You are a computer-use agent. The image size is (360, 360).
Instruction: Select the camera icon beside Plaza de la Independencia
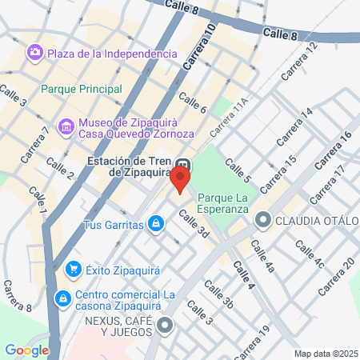coord(34,53)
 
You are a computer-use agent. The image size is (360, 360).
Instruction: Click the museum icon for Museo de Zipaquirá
coord(66,126)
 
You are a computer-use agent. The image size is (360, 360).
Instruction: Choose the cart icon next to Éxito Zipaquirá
coord(74,270)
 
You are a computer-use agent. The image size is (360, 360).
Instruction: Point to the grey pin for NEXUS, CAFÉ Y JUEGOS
coord(165,325)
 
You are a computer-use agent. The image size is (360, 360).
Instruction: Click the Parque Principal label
coord(81,89)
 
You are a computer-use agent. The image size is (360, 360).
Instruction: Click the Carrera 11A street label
coord(230,117)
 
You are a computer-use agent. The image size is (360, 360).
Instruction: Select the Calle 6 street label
coord(194,102)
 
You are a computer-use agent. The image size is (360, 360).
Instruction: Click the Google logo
coord(26,350)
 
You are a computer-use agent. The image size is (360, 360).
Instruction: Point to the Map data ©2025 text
coord(324,354)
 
